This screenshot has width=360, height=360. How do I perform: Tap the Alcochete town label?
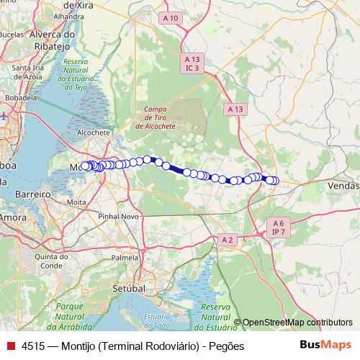pyautogui.click(x=93, y=133)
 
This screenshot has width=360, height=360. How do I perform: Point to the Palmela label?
pyautogui.click(x=125, y=257)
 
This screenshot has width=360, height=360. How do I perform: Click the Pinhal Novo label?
pyautogui.click(x=119, y=216)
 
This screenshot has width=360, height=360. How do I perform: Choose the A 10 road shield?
pyautogui.click(x=171, y=17)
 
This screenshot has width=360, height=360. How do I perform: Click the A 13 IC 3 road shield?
pyautogui.click(x=192, y=63)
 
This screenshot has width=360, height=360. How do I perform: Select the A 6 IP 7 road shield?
pyautogui.click(x=278, y=228)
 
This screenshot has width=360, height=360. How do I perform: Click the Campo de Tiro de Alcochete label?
pyautogui.click(x=156, y=117)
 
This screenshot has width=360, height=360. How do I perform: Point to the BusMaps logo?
pyautogui.click(x=326, y=345)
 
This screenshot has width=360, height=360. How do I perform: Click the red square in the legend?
pyautogui.click(x=11, y=346)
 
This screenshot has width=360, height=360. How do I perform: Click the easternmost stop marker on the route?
pyautogui.click(x=274, y=181)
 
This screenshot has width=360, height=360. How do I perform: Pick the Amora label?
pyautogui.click(x=12, y=216)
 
